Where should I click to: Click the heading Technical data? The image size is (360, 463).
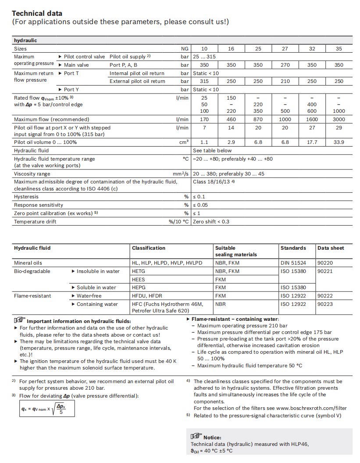tap(37, 13)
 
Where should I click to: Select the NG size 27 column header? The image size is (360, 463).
tap(285, 49)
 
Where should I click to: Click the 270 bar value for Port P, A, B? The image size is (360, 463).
tap(285, 65)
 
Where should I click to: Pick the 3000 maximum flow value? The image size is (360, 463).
tap(339, 119)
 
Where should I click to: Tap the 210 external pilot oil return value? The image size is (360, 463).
tap(285, 81)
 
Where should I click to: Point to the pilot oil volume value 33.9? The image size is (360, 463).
tap(339, 142)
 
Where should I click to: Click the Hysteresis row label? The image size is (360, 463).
tap(26, 197)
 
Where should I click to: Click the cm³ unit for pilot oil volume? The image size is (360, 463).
tap(185, 142)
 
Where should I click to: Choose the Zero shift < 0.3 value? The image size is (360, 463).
tap(211, 222)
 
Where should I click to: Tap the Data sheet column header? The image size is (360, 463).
tap(331, 248)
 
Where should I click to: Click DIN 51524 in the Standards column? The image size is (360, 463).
tap(293, 263)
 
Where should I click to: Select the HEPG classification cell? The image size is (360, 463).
tap(139, 287)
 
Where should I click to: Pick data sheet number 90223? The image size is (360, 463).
tap(325, 304)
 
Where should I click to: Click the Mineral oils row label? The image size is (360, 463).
tap(29, 263)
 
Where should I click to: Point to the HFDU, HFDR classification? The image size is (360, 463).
tap(147, 296)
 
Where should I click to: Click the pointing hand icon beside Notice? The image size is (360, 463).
tap(196, 436)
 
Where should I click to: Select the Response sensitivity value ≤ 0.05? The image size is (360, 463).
tap(202, 205)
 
